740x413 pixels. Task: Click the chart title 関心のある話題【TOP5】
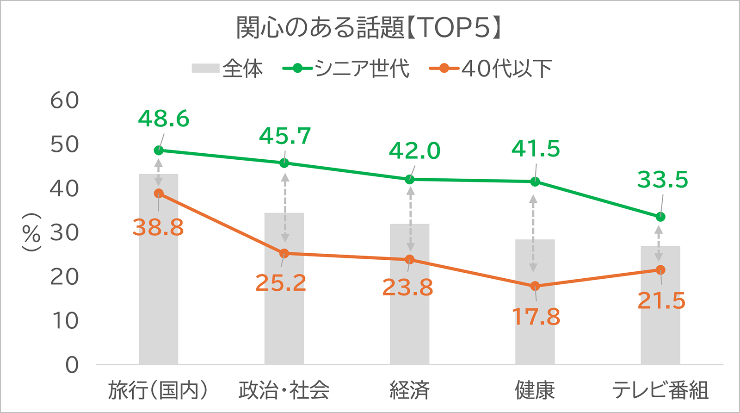[369, 28]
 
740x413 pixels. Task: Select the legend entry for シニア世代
[346, 69]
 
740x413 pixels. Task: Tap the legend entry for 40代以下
[491, 69]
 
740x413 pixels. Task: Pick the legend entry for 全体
[228, 69]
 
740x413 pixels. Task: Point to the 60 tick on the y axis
[65, 100]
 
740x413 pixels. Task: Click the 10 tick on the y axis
[65, 321]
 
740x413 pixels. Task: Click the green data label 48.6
[164, 119]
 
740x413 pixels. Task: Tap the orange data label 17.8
[536, 317]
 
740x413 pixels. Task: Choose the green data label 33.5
[663, 180]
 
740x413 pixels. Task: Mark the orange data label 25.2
[281, 283]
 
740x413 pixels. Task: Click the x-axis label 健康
[535, 390]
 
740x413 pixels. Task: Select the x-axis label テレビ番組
[660, 390]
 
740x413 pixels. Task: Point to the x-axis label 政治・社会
[284, 390]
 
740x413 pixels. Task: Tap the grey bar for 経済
[409, 315]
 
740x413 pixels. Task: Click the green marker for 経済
[409, 179]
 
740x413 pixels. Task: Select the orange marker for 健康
[535, 286]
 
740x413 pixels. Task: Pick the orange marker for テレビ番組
[660, 270]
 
